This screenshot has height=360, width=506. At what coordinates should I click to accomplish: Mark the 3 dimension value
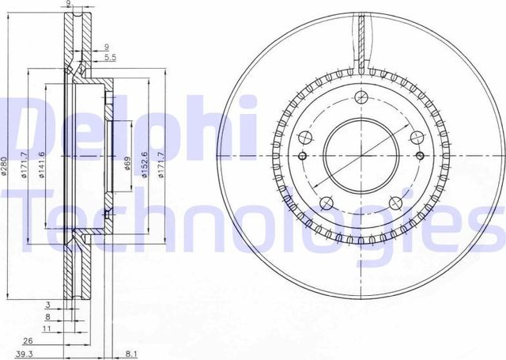47,304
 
